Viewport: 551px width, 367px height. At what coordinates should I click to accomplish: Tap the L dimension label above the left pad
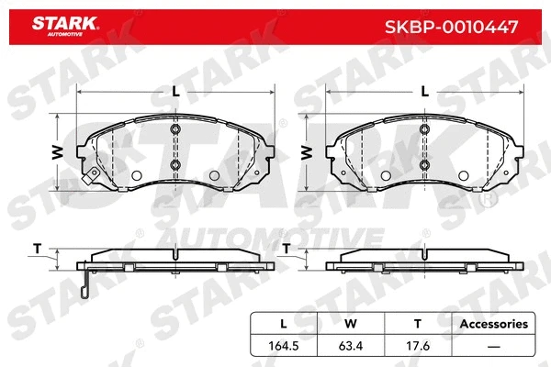pos(175,91)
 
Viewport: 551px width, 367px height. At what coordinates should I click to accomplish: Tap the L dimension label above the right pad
pos(423,91)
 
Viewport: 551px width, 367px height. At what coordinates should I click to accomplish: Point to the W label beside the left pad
pos(57,151)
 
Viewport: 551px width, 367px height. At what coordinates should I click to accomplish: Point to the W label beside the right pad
pos(306,151)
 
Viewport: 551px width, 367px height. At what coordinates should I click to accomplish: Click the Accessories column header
pos(493,324)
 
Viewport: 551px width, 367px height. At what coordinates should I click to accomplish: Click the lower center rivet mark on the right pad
pos(423,165)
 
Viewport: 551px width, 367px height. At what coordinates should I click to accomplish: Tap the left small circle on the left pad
pos(137,176)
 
